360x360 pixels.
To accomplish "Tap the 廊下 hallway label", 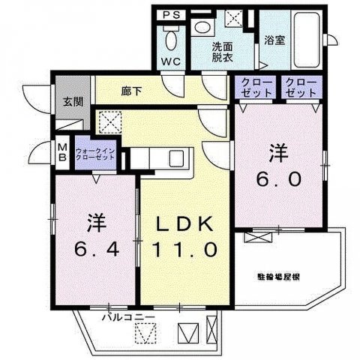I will point(132,90).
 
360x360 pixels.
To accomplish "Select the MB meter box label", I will point(62,152).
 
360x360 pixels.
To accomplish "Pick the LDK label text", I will point(186,224).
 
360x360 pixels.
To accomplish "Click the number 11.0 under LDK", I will point(186,249).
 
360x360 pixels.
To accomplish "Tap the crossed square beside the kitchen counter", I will point(109,121).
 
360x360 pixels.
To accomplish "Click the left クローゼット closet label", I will point(256,87).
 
